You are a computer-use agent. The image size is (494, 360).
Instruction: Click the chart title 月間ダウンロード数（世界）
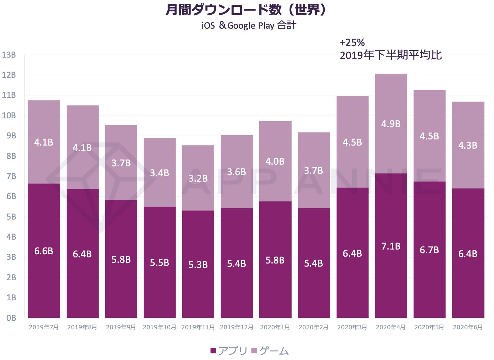246,10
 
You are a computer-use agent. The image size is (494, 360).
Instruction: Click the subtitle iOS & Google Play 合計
249,26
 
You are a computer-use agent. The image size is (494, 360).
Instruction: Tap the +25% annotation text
352,43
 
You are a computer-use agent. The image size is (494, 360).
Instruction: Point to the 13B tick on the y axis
9,55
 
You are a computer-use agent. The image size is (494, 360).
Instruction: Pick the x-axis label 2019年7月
44,327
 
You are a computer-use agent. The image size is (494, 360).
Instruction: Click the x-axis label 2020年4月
391,327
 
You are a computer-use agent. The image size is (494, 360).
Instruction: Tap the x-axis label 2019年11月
198,327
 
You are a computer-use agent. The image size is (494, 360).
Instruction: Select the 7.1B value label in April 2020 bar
391,246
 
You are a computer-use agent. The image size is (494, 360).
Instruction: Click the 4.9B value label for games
391,124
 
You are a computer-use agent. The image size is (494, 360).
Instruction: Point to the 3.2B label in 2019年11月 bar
198,178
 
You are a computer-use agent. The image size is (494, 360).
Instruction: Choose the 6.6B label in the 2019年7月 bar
44,251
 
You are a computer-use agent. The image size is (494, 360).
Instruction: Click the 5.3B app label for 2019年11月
198,265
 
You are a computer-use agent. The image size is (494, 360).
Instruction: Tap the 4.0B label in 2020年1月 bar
275,161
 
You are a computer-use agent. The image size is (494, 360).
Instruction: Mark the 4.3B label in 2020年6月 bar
468,146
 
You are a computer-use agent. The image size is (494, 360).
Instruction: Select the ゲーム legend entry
270,350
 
